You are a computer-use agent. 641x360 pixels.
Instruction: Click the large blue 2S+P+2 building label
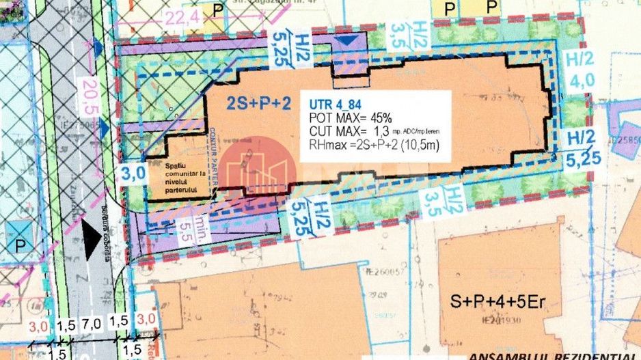point(258,103)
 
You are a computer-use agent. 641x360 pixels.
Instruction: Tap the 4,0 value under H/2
point(581,80)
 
